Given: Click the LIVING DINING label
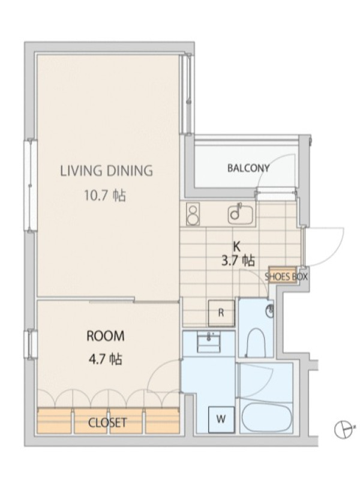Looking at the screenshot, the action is point(106,171).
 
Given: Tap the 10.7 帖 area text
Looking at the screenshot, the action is point(105,196).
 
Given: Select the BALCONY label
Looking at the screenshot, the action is point(248,168).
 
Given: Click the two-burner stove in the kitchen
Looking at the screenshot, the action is point(193,214).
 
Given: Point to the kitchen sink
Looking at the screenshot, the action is point(241,214).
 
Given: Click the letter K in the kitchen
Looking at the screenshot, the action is point(236,246).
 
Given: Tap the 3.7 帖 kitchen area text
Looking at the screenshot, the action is point(238,261).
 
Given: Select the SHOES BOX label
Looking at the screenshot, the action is point(286,277).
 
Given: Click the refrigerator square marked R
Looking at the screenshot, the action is point(221,313).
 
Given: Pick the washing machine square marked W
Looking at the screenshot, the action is point(221,419).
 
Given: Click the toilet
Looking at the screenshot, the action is point(256,343).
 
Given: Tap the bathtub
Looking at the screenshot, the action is point(266,417).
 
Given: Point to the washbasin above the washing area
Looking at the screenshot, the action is point(209,343).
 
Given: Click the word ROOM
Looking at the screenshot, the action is point(106,336).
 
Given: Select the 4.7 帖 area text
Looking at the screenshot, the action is point(106,359).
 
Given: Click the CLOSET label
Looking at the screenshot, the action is point(107,423).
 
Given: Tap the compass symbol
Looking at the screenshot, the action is point(343,429).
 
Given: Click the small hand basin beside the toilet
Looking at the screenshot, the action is point(270,311).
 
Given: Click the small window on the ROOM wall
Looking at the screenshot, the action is point(31,344).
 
